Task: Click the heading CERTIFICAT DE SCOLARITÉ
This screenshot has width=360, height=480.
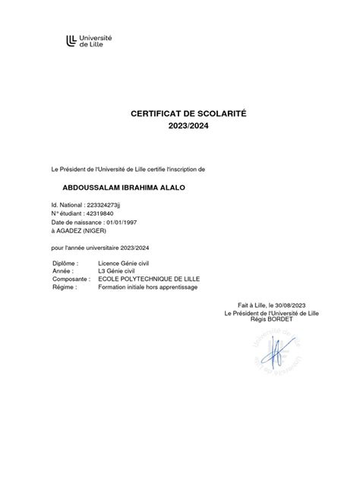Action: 179,114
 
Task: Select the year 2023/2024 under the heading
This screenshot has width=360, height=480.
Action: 179,126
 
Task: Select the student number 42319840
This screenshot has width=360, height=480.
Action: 103,213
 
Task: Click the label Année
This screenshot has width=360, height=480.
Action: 62,271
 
